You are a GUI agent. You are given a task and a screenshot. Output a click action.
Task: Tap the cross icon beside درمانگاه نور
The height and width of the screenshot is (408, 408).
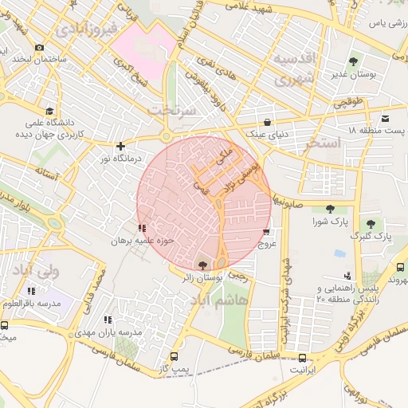point(120,146)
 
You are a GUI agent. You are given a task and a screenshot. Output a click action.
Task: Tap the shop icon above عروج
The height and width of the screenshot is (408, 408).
point(266,232)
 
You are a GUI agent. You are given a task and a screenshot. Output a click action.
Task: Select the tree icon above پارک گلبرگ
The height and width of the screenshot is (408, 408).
point(371,224)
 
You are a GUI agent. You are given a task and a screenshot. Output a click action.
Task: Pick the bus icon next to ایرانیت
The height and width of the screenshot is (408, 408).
point(302,357)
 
